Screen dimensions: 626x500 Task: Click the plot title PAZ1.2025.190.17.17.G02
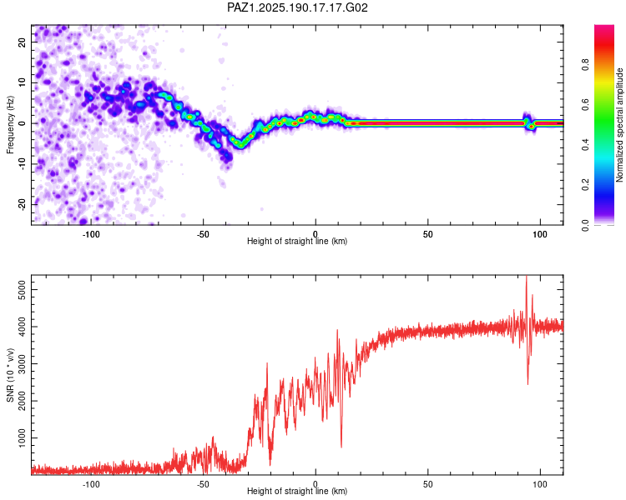297,7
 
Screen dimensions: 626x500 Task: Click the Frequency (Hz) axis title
10,125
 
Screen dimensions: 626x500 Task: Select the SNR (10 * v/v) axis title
10,375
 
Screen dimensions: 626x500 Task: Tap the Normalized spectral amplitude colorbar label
619,125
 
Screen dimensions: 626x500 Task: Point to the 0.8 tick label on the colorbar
585,64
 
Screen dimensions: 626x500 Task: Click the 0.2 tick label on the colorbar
585,185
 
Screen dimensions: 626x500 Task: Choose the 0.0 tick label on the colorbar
585,225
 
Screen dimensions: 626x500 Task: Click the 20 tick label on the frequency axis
22,42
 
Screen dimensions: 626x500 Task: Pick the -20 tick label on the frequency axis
22,204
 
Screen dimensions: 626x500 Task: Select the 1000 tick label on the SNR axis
22,437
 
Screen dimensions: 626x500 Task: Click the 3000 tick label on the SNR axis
22,363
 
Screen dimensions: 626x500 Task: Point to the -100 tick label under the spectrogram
91,234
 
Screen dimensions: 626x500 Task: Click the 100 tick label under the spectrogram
540,234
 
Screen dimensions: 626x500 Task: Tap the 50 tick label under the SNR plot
427,484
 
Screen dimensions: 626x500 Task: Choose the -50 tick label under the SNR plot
203,484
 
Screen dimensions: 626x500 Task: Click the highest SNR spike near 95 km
526,277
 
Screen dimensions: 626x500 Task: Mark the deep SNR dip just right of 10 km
341,446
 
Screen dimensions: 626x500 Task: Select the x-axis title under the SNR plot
297,491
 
